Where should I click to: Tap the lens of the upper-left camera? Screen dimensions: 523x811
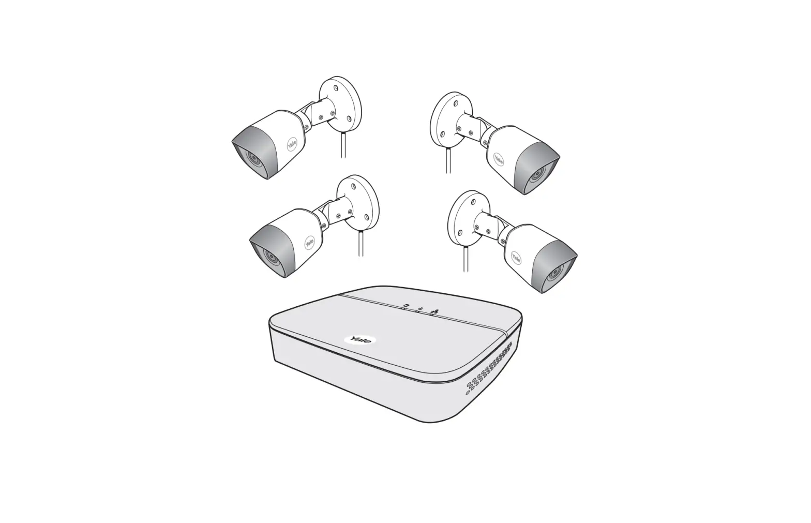[252, 157]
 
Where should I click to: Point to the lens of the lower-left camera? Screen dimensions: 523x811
[269, 255]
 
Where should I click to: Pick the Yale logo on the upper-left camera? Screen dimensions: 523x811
[292, 145]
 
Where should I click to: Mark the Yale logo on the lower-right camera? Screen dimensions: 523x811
[516, 257]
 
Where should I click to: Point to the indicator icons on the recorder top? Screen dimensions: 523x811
[419, 309]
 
